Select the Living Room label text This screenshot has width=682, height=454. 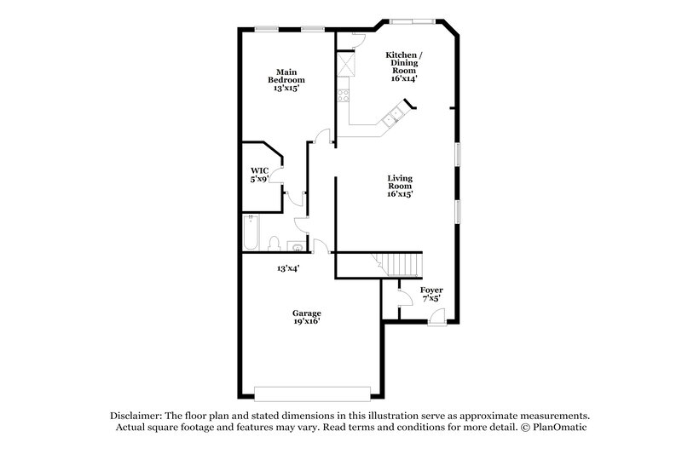[x=400, y=186]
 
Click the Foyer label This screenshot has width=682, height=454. [x=431, y=294]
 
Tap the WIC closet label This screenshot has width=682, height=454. [x=259, y=175]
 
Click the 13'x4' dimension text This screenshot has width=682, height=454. [x=286, y=268]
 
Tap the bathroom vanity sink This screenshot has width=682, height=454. [x=295, y=247]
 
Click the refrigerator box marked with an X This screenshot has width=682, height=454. [x=346, y=64]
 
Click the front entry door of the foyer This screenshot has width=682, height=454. [x=436, y=318]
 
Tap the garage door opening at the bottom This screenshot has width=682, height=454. [x=312, y=392]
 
